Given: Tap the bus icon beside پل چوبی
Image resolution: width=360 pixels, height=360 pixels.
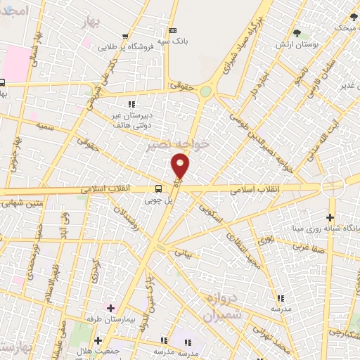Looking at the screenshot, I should click(x=158, y=188).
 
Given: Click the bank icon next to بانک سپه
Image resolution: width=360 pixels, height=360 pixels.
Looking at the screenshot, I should click(x=173, y=30).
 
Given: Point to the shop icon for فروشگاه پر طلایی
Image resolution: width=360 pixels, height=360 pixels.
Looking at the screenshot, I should click(x=125, y=37).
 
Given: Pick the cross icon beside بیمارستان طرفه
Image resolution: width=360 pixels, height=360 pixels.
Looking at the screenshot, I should click(x=110, y=307).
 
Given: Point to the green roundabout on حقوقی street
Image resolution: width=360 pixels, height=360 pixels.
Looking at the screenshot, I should click(x=205, y=91).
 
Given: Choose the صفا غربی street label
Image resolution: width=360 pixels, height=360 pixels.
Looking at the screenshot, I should click(x=309, y=248).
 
